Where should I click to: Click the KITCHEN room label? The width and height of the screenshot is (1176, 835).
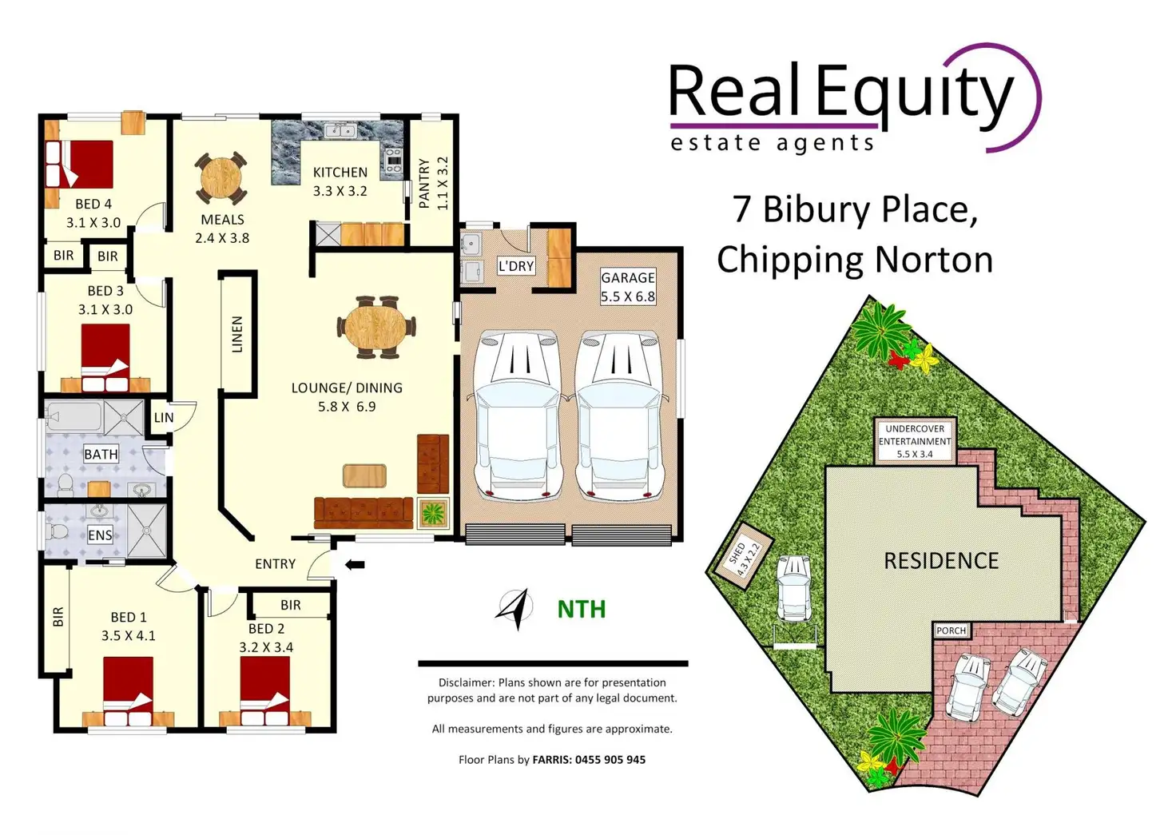point(340,173)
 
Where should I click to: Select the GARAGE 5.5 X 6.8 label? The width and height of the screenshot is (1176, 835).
point(628,287)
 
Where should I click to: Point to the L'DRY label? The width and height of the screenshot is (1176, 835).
point(515,266)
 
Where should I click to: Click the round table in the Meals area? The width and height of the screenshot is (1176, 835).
point(220,178)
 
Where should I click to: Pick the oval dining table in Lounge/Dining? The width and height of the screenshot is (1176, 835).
point(376,327)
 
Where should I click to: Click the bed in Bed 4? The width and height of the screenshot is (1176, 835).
point(79,164)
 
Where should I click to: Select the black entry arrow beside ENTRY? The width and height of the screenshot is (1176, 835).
point(355,565)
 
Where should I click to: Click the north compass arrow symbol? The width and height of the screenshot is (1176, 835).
point(514,609)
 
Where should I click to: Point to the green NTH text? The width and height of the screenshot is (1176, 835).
point(581,610)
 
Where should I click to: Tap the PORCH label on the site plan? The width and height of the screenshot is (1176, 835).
point(951,630)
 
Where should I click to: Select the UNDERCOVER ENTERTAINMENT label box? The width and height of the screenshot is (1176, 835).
point(915,441)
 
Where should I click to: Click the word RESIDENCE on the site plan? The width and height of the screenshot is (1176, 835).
point(941,561)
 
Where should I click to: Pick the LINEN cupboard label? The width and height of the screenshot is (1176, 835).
point(237,334)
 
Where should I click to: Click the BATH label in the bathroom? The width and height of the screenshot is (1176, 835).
point(101,454)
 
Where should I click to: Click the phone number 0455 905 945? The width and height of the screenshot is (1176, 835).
point(610,760)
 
